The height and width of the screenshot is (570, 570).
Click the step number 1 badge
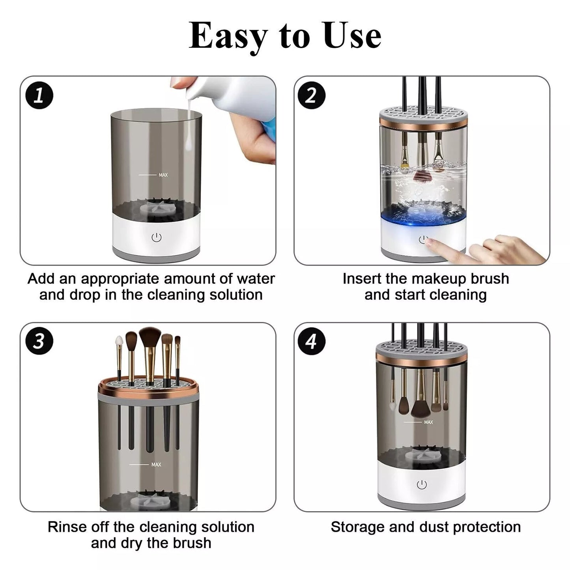pyautogui.click(x=39, y=95)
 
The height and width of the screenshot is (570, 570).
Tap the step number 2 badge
pyautogui.click(x=311, y=95)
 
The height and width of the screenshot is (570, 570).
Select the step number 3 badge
pyautogui.click(x=39, y=341)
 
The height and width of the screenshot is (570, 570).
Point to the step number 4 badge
pyautogui.click(x=311, y=341)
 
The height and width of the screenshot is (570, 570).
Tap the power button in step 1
pyautogui.click(x=157, y=237)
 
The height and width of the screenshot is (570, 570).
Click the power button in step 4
pyautogui.click(x=422, y=485)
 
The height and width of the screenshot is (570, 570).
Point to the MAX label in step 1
pyautogui.click(x=163, y=175)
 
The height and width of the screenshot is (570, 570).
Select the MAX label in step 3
pyautogui.click(x=156, y=464)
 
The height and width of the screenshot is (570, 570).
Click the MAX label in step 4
pyautogui.click(x=428, y=422)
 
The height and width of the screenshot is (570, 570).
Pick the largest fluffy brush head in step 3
pyautogui.click(x=150, y=337)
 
